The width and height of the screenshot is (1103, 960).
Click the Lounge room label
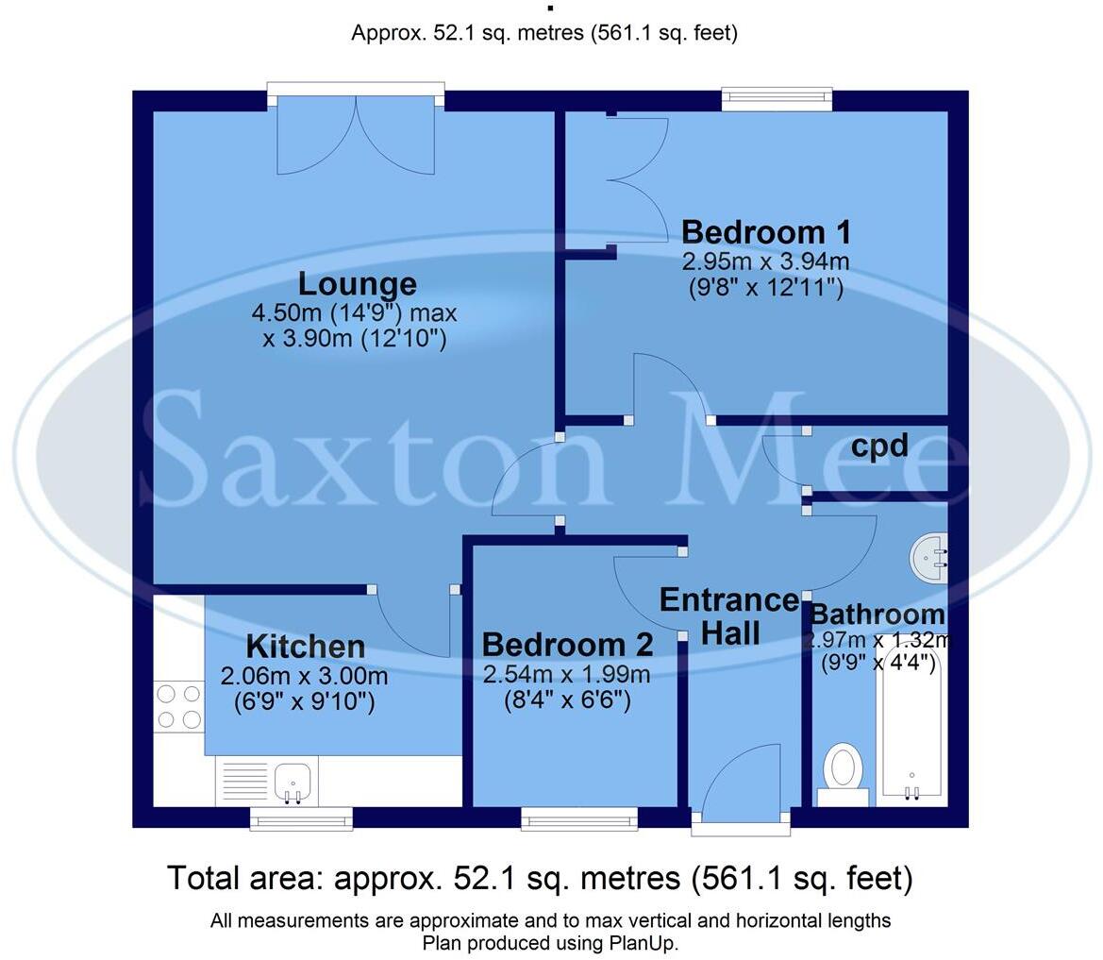pos(357,284)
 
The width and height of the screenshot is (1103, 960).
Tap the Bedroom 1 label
pos(765,232)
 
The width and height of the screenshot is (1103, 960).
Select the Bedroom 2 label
pos(567,646)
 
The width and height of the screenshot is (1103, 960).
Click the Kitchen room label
pos(305,648)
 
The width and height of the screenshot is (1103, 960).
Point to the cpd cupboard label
pos(879,446)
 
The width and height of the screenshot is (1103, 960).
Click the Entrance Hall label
pos(729,616)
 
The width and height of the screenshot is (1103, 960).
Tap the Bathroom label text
pos(877,615)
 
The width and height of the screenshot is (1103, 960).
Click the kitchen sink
pos(293,781)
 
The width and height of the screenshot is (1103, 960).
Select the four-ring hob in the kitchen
pos(179,707)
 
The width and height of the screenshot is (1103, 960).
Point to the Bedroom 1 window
pos(777,98)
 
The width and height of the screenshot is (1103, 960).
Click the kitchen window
pos(301,818)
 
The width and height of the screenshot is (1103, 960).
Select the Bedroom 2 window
pos(579,818)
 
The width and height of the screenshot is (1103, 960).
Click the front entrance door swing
pos(744,779)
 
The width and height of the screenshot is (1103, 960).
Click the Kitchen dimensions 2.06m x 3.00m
pos(304,677)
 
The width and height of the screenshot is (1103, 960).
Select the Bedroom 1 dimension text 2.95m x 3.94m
pos(765,261)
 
